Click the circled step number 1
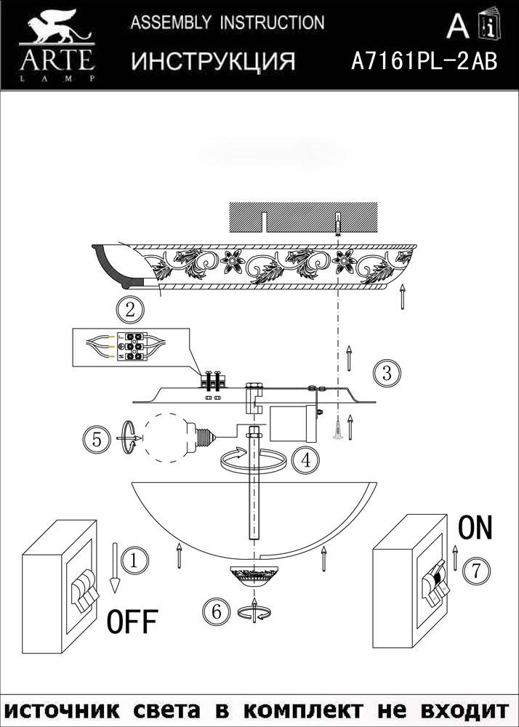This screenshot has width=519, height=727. [x=134, y=561]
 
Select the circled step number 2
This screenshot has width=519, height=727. [x=129, y=310]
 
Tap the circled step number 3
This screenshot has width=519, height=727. [x=387, y=373]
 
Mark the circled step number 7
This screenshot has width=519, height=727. [x=475, y=570]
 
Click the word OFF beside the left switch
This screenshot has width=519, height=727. [x=132, y=622]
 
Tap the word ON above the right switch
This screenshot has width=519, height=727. [x=475, y=528]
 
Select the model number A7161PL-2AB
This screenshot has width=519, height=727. [x=424, y=61]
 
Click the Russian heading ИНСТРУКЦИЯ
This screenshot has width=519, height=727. [x=213, y=61]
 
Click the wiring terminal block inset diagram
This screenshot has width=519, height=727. [x=131, y=348]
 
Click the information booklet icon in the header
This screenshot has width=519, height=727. [x=490, y=23]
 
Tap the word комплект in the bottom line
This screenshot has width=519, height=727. [x=304, y=710]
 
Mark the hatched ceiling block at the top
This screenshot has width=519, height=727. [x=304, y=217]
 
